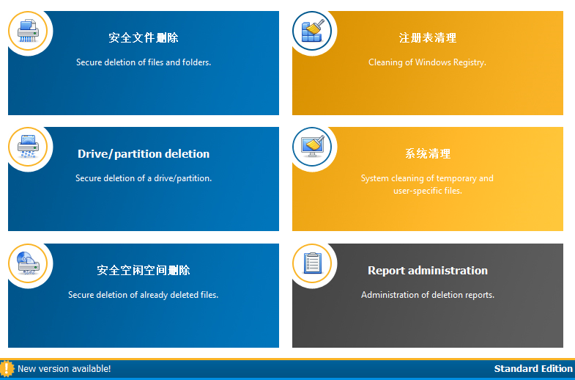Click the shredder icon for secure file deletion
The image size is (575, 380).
click(28, 31)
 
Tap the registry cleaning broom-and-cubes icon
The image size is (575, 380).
click(312, 31)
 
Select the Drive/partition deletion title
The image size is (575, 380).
click(144, 154)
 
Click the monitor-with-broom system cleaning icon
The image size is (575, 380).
click(312, 147)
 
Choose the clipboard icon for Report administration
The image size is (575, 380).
click(312, 263)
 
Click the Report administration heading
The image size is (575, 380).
click(428, 271)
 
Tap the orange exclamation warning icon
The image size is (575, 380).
click(7, 368)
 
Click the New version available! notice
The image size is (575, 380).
click(64, 368)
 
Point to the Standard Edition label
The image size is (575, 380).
click(533, 368)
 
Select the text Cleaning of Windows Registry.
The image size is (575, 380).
click(427, 62)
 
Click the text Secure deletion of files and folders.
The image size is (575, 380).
click(144, 62)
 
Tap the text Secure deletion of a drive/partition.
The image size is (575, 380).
click(144, 178)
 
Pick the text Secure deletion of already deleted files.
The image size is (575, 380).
click(143, 295)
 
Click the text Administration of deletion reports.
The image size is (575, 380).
click(428, 295)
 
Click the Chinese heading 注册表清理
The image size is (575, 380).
click(428, 38)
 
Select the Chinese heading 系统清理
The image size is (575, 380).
click(428, 154)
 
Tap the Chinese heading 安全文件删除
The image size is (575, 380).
click(144, 38)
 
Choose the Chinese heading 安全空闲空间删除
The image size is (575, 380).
click(144, 271)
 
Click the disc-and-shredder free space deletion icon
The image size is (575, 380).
click(28, 263)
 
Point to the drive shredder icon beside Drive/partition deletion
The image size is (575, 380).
click(28, 147)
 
